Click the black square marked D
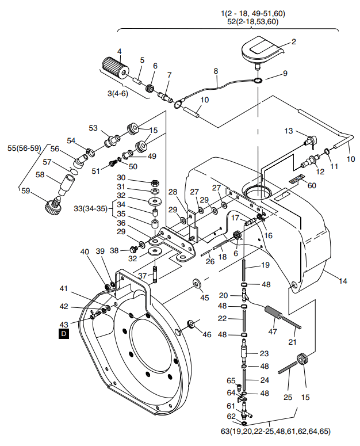pos(63,333)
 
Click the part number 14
pos(343,281)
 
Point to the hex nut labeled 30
pos(155,182)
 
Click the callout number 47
pos(273,331)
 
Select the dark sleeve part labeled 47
pos(273,313)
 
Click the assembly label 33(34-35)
pos(91,209)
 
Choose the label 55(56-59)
pos(24,148)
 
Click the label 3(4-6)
pos(118,93)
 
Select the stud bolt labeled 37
pos(155,274)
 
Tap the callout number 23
pos(264,353)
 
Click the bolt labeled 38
pos(133,249)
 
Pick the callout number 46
pos(207,334)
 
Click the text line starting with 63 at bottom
pos(275,432)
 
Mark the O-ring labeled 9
pos(258,81)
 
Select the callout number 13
pos(288,131)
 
